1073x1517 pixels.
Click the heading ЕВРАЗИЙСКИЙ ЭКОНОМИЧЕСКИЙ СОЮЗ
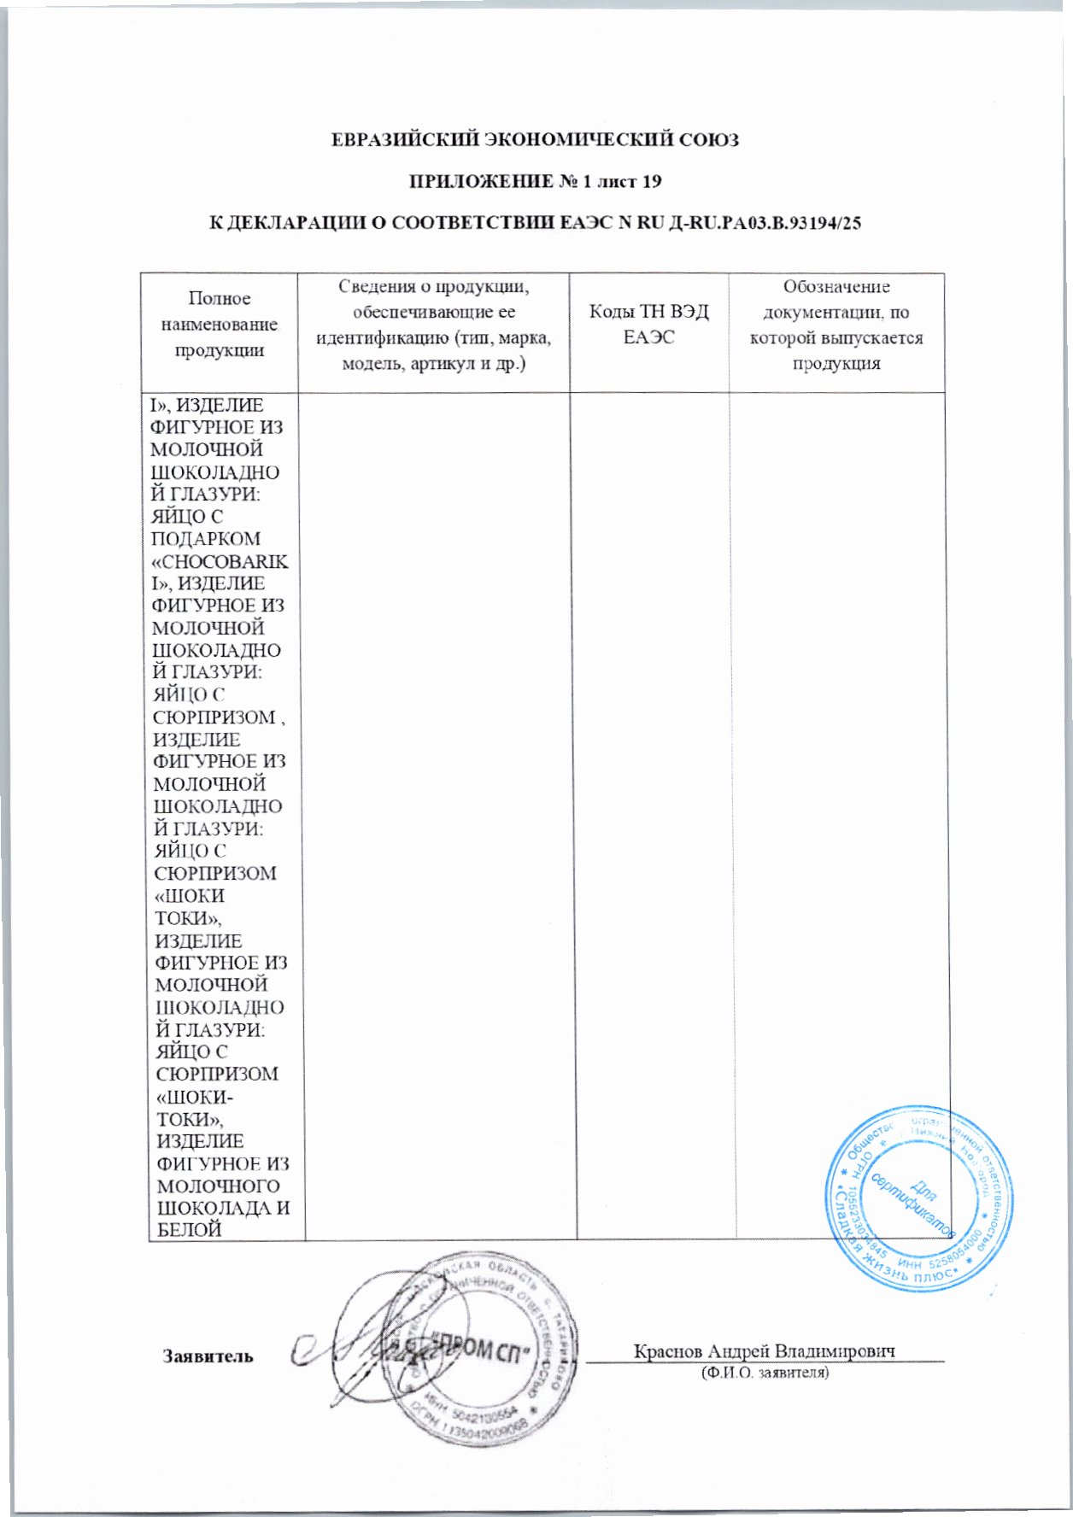[535, 140]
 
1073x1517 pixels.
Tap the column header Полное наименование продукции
[220, 324]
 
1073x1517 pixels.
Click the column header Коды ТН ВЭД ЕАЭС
[649, 324]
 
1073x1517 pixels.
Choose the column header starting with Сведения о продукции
[433, 325]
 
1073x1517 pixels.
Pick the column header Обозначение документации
[836, 325]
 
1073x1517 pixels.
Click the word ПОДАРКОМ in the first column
[205, 539]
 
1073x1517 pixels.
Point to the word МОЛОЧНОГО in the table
[218, 1186]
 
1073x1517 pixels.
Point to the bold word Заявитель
[208, 1356]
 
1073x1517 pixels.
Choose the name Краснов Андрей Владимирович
[764, 1351]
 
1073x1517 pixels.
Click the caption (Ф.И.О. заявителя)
[764, 1373]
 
